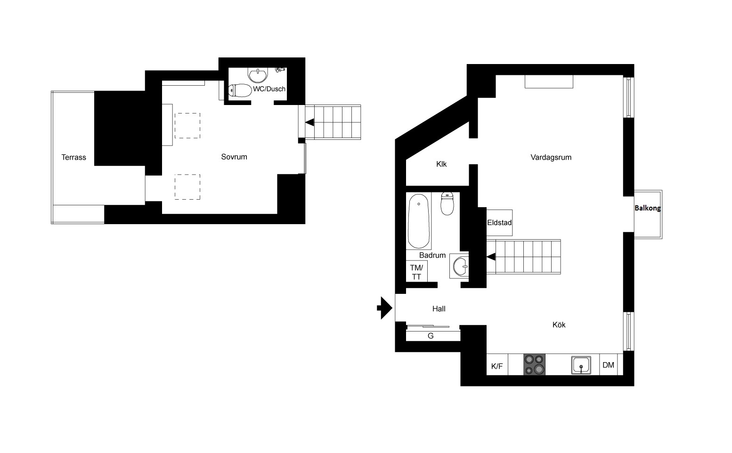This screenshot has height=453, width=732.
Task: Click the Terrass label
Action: click(x=73, y=157)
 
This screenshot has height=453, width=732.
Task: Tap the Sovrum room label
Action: click(x=234, y=157)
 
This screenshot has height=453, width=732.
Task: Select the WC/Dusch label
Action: click(x=269, y=89)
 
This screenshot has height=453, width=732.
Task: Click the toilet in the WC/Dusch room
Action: click(x=240, y=90)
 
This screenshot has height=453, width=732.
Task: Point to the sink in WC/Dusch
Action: click(x=258, y=75)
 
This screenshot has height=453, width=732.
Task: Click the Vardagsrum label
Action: click(x=551, y=157)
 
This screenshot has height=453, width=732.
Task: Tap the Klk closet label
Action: click(x=441, y=164)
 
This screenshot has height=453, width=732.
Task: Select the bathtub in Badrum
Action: click(x=419, y=221)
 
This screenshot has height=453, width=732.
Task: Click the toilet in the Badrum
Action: click(x=447, y=203)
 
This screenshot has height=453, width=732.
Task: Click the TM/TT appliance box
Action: click(x=417, y=271)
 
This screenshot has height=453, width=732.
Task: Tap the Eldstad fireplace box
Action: click(x=499, y=223)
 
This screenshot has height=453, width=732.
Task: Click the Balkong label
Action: click(x=647, y=208)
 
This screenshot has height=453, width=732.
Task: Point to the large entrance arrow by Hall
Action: click(x=385, y=307)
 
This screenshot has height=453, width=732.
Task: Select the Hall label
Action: click(x=439, y=308)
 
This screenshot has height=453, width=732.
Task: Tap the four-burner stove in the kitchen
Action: click(x=534, y=364)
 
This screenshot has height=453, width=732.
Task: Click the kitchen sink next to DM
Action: click(x=581, y=365)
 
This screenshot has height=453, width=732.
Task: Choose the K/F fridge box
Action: click(x=497, y=364)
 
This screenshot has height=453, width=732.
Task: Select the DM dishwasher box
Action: click(x=609, y=364)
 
